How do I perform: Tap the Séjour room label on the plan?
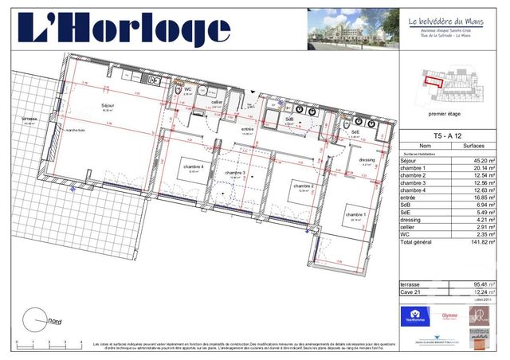[107, 105]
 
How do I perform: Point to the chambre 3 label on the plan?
[234, 173]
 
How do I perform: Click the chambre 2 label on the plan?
[303, 186]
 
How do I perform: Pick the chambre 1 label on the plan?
[355, 215]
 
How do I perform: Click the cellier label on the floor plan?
[216, 102]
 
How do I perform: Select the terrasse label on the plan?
[30, 119]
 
